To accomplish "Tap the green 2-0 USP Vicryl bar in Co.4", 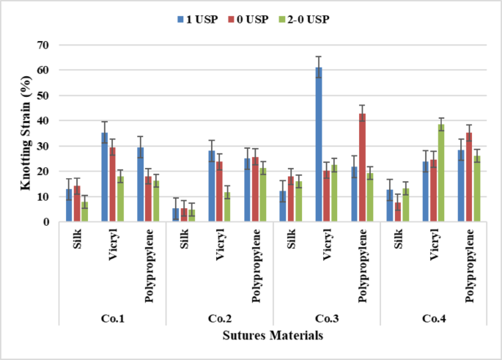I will point(442,173).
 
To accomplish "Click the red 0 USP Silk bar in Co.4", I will point(397,212).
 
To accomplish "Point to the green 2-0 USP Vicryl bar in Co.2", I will point(227,207).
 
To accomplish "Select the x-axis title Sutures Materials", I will point(273,335).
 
